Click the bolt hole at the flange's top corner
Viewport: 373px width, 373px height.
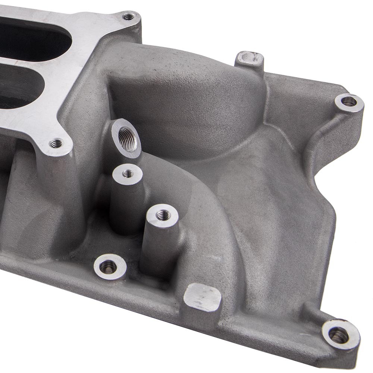pos(129,17)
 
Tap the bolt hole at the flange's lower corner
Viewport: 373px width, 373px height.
pos(56,143)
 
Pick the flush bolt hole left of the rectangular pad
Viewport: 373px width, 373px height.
pos(109,266)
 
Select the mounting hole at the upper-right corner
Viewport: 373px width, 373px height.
pos(349,101)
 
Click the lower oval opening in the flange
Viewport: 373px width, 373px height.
pos(22,88)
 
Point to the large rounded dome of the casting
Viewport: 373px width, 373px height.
pos(186,97)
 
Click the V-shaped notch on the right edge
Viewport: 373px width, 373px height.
pos(317,175)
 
